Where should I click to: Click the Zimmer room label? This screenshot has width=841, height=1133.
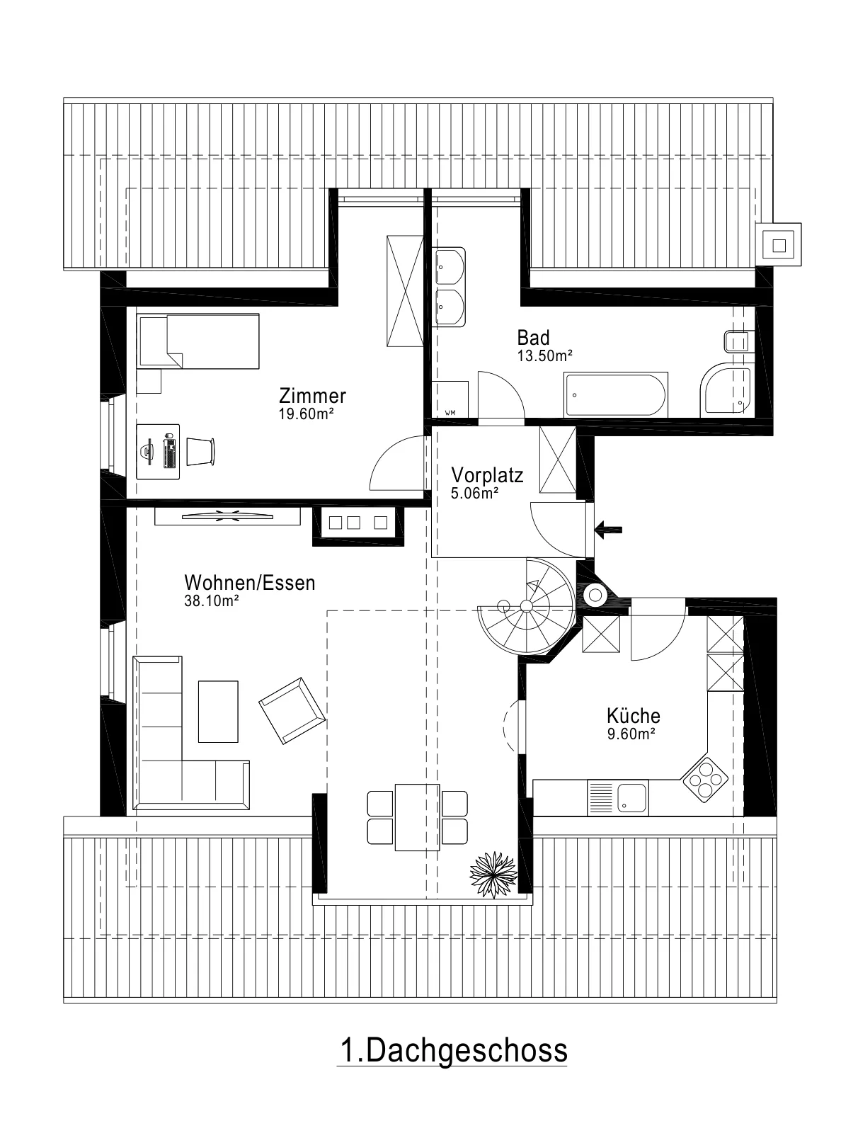(312, 396)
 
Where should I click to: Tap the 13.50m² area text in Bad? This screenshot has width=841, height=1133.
(545, 356)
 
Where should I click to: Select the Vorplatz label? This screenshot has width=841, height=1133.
(487, 475)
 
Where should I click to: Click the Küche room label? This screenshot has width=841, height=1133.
(633, 716)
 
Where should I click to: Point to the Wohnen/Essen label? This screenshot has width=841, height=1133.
(250, 583)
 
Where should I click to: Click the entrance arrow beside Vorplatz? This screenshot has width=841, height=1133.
(609, 530)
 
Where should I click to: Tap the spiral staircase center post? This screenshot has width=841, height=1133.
(526, 606)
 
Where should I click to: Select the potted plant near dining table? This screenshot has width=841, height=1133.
(493, 875)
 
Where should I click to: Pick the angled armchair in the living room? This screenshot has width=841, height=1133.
(292, 710)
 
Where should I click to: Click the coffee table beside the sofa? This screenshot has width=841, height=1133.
(218, 711)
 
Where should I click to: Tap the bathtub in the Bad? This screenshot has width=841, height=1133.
(616, 395)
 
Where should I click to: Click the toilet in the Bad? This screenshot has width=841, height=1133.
(736, 342)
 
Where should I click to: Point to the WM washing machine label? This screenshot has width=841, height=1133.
(450, 413)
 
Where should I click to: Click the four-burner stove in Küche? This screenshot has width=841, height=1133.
(704, 779)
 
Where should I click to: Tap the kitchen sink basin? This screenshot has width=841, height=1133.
(631, 798)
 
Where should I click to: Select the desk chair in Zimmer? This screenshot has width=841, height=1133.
(200, 452)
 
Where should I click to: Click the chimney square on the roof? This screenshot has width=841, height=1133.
(779, 245)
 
